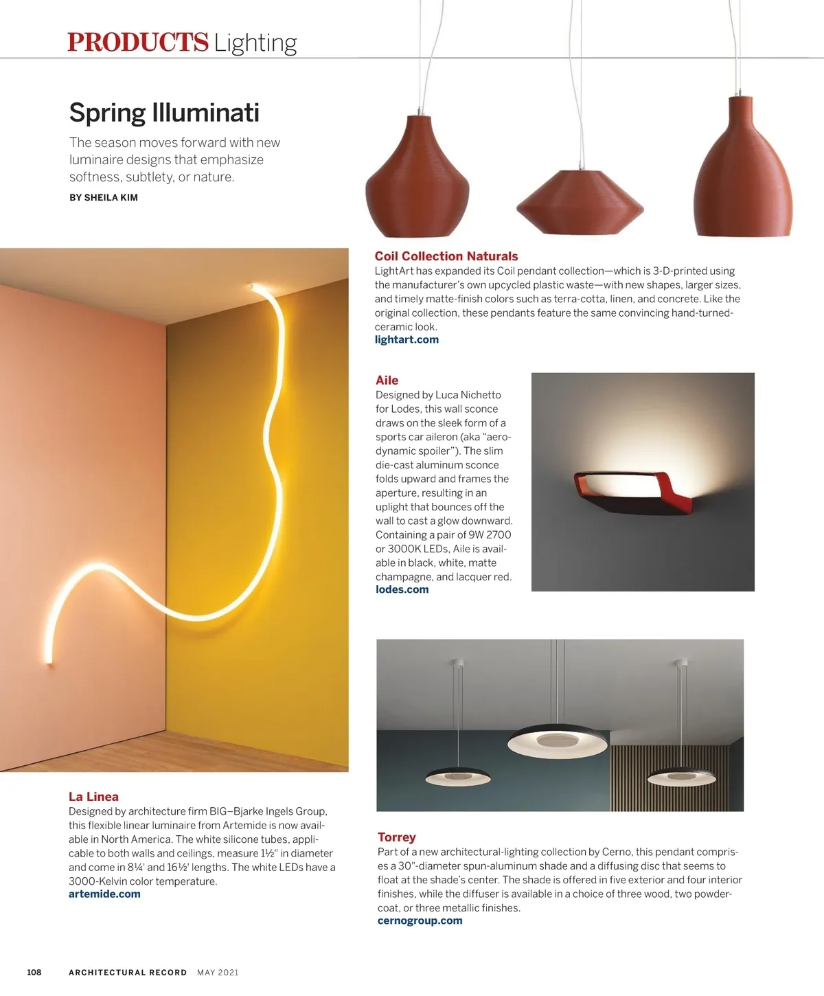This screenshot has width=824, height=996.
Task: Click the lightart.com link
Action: (407, 340)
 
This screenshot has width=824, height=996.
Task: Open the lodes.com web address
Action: (402, 590)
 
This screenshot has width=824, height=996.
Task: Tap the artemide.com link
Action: (104, 894)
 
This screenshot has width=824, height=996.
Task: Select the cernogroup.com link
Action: (420, 921)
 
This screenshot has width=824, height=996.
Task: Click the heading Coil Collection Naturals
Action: (446, 256)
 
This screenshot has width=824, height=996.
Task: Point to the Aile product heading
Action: (387, 381)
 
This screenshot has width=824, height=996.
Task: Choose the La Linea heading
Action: (93, 797)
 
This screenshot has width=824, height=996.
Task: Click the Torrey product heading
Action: (396, 837)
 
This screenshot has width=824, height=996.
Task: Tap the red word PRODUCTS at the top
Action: (137, 43)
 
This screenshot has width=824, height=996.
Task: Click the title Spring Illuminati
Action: (164, 113)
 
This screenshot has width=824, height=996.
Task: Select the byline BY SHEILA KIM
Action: (104, 198)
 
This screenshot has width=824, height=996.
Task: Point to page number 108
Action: (34, 972)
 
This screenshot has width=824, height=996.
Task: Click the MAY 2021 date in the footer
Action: (218, 973)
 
